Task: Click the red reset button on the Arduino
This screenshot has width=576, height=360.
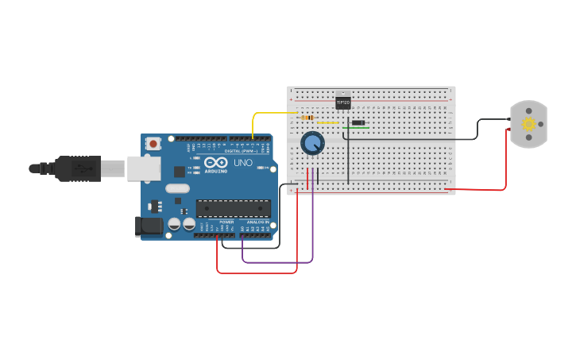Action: point(153,144)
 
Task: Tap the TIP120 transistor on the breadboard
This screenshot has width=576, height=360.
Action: point(342,103)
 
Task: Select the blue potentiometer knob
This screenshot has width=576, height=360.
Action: point(312,143)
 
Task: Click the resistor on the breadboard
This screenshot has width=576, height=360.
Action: point(307,118)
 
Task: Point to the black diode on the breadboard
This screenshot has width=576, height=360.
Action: point(358,122)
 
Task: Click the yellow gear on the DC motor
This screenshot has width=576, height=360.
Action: point(528,124)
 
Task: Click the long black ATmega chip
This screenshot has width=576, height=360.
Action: point(234,208)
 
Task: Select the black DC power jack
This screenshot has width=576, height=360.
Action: point(149,226)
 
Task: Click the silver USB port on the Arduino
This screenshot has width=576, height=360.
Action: point(143,167)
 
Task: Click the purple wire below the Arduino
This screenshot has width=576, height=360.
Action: point(278,261)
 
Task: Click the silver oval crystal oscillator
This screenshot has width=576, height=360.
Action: point(178,189)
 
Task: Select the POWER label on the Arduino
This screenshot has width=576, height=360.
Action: point(215,223)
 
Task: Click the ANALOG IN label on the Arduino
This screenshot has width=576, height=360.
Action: point(256,223)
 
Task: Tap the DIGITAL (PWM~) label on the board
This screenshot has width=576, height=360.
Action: point(238,150)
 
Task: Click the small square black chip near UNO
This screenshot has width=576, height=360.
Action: point(180,171)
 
